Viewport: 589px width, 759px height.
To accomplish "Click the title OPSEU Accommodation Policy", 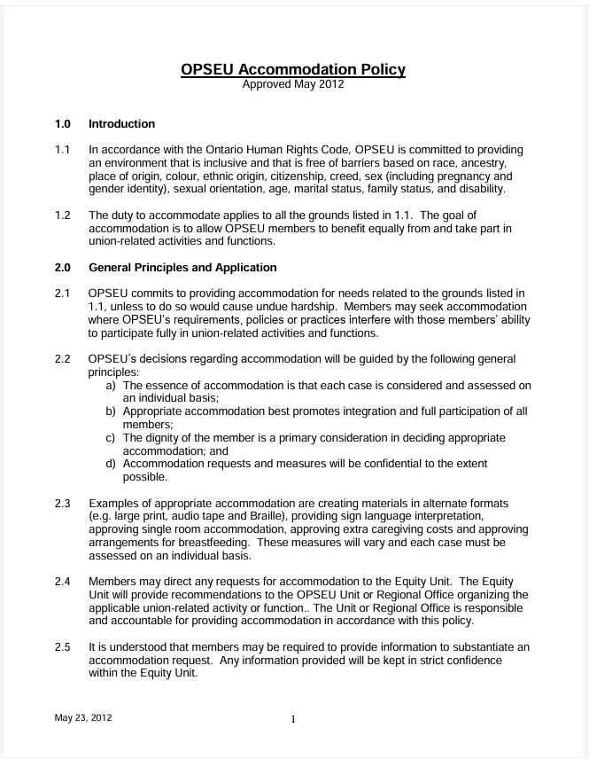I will [x=293, y=69].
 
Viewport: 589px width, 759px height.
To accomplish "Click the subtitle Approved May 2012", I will [x=293, y=86].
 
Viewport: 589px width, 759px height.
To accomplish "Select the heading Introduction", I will [x=121, y=124].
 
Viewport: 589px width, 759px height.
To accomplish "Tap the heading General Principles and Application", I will [x=182, y=268].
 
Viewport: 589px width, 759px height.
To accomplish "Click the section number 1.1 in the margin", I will [x=63, y=151].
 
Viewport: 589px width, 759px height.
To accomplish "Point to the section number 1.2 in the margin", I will [x=63, y=215].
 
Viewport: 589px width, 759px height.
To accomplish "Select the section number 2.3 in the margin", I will [x=63, y=503].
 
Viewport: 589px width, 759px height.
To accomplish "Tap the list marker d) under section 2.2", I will [x=112, y=464].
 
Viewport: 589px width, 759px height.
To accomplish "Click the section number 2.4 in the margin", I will [x=63, y=580].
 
